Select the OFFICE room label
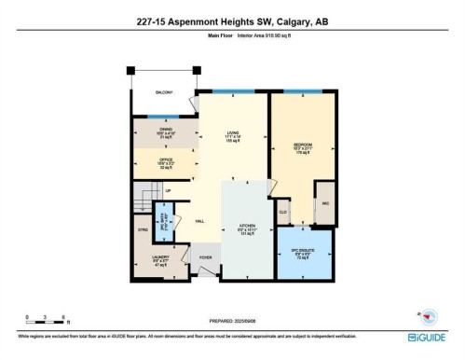pos(165,162)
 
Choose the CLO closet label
pos(283,213)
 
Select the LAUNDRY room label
pos(161,261)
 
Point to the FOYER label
pos(206,258)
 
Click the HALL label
pos(199,222)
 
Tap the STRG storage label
pos(144,228)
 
